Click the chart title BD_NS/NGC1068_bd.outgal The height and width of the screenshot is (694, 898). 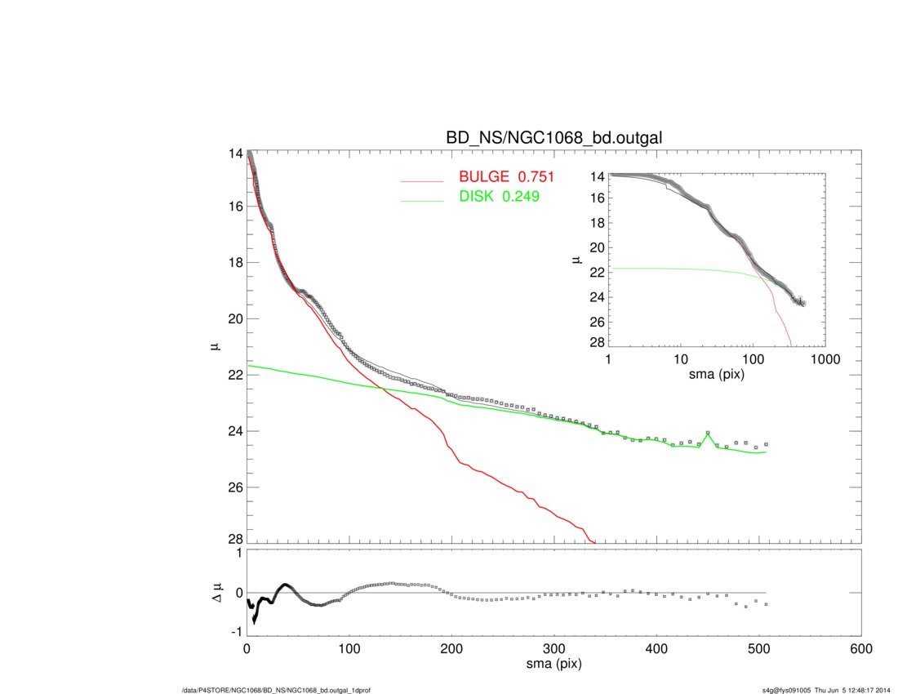553,138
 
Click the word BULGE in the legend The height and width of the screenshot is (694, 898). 487,178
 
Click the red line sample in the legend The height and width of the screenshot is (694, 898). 422,180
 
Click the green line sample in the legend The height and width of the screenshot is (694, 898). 422,199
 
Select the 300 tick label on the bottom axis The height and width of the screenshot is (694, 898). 554,649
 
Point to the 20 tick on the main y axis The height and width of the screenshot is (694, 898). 235,318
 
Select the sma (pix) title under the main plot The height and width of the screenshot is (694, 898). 553,665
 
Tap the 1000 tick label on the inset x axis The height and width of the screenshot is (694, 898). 825,360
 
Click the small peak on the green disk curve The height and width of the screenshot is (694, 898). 708,433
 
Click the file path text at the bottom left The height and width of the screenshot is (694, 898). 277,690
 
